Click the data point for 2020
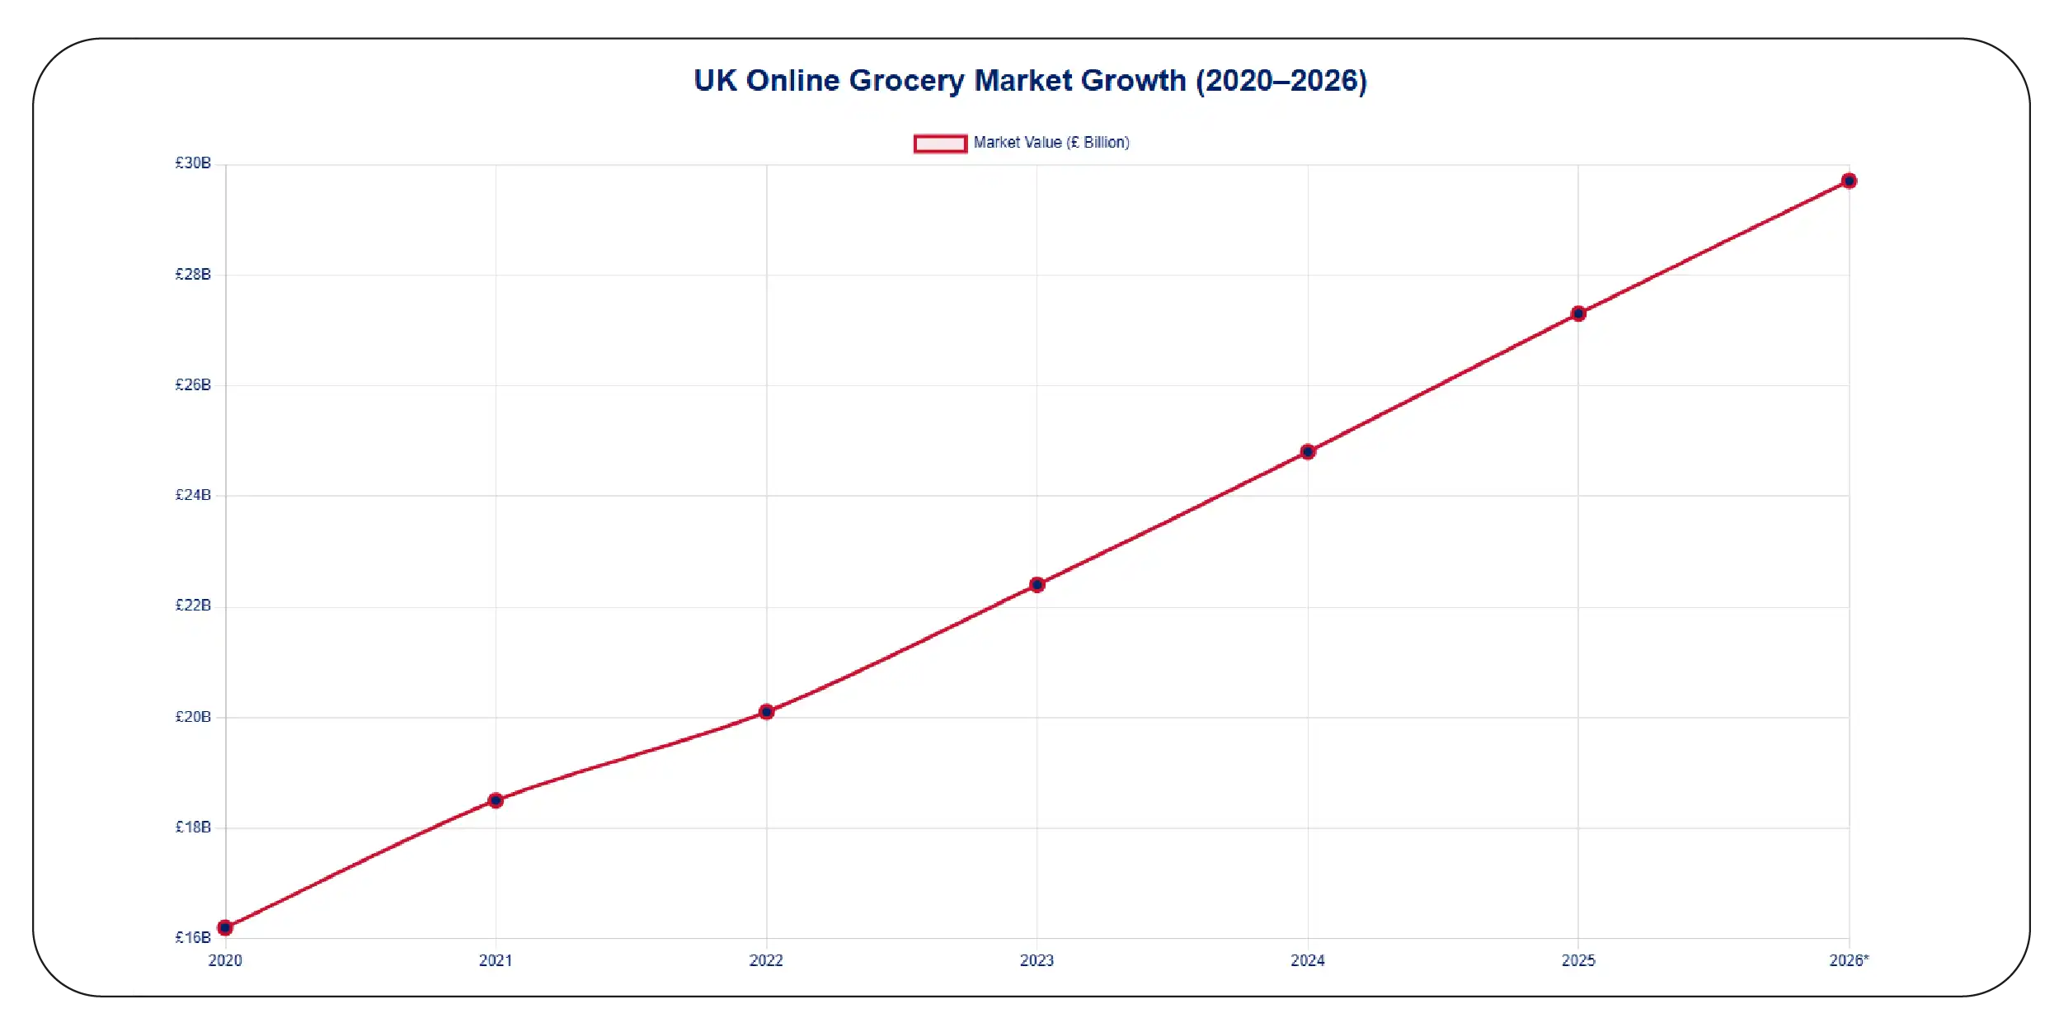pyautogui.click(x=225, y=927)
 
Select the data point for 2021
pyautogui.click(x=496, y=800)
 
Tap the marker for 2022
pyautogui.click(x=766, y=711)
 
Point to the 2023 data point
pyautogui.click(x=1037, y=584)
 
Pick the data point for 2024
pyautogui.click(x=1308, y=451)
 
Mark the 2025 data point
pyautogui.click(x=1578, y=313)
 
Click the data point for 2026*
pyautogui.click(x=1850, y=181)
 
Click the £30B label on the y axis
pyautogui.click(x=193, y=163)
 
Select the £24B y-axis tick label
pyautogui.click(x=193, y=495)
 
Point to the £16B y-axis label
pyautogui.click(x=193, y=937)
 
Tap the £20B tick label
pyautogui.click(x=193, y=717)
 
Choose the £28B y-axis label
pyautogui.click(x=193, y=274)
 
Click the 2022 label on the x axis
pyautogui.click(x=766, y=960)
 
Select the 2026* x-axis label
pyautogui.click(x=1850, y=960)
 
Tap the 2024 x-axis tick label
pyautogui.click(x=1308, y=960)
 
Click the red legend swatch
pyautogui.click(x=940, y=144)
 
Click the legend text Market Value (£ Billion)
pyautogui.click(x=1051, y=143)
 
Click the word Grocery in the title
pyautogui.click(x=906, y=81)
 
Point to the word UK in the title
pyautogui.click(x=715, y=81)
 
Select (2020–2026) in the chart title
pyautogui.click(x=1281, y=81)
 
